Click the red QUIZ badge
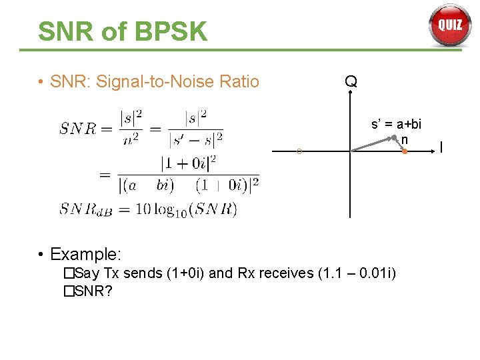coord(449,25)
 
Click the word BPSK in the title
coord(169,31)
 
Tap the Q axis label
coord(351,82)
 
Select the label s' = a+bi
coord(396,124)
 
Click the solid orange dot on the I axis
coord(405,152)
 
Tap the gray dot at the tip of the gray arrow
coord(394,138)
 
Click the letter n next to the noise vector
coord(404,140)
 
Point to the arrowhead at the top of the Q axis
coord(350,95)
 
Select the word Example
coord(86,254)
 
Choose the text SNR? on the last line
coord(94,291)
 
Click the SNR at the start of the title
coord(66,31)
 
